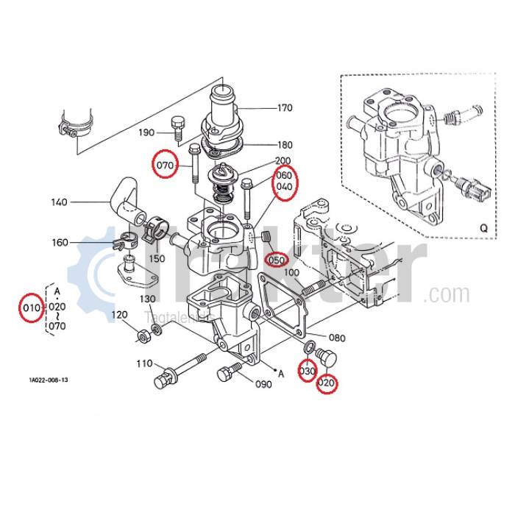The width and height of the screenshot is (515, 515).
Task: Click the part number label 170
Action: click(285, 108)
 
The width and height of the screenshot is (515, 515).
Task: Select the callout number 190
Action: click(146, 132)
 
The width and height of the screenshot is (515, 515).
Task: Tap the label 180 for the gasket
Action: click(285, 145)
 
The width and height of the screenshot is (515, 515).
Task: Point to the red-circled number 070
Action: click(166, 166)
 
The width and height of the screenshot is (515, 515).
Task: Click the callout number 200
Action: click(283, 161)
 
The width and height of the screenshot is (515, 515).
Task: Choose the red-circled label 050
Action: click(276, 260)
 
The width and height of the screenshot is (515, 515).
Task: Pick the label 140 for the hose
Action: click(60, 202)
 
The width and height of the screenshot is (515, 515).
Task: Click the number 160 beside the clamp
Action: click(60, 242)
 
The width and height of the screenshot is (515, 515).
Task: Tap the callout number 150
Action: click(157, 258)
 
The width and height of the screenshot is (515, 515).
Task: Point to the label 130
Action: click(148, 299)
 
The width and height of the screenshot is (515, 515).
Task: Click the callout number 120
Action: click(119, 315)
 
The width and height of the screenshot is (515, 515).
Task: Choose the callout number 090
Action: click(263, 384)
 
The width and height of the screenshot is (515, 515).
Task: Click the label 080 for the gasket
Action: click(336, 338)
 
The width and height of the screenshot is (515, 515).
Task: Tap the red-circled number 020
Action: click(326, 383)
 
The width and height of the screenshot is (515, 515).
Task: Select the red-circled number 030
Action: click(306, 372)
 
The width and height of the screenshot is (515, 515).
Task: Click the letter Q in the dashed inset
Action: click(483, 228)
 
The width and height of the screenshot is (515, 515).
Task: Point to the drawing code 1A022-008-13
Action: click(49, 380)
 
